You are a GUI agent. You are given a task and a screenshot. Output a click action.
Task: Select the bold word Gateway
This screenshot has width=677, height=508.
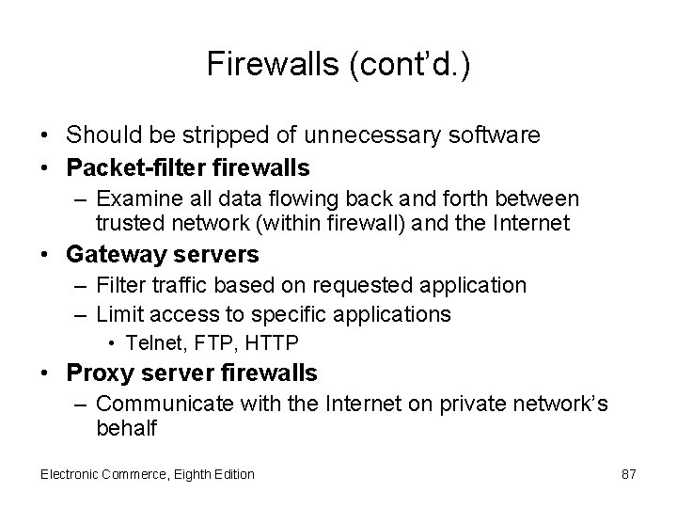tap(111, 255)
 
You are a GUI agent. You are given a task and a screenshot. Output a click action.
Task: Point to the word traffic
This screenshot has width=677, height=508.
tap(172, 284)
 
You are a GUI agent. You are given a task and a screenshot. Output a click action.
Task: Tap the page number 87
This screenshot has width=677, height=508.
tap(629, 474)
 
